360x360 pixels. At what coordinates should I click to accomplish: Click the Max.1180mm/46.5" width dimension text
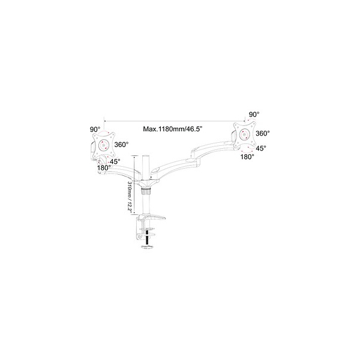(x=172, y=129)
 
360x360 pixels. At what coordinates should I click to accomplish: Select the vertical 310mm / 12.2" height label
(x=130, y=197)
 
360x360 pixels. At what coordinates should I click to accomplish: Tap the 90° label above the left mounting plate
(x=95, y=129)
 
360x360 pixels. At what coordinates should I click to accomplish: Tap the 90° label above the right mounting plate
(x=254, y=114)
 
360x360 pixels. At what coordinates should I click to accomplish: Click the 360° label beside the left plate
(x=121, y=145)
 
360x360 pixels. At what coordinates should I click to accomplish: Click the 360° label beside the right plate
(x=263, y=133)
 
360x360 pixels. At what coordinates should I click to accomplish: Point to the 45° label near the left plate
(x=115, y=161)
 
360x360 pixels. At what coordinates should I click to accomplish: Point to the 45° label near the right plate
(x=261, y=148)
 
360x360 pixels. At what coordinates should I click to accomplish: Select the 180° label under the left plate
(x=104, y=168)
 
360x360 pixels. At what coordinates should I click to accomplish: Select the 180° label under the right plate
(x=247, y=157)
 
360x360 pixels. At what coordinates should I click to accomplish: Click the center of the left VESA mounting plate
(x=103, y=145)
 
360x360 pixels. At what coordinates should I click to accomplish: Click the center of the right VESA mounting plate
(x=245, y=134)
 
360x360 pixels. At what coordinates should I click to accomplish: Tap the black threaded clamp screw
(x=147, y=237)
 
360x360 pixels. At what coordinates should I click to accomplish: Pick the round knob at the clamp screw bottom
(x=147, y=247)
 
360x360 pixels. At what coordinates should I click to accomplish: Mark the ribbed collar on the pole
(x=145, y=191)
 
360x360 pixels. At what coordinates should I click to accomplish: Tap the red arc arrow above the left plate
(x=104, y=132)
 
